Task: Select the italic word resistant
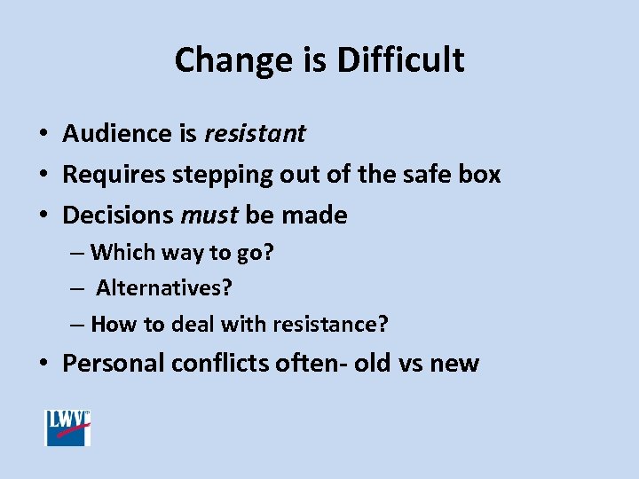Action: (255, 134)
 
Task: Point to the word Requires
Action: (114, 175)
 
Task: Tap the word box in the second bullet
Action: (481, 175)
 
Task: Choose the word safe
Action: (424, 175)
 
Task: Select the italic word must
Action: (209, 216)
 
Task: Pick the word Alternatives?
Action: (164, 288)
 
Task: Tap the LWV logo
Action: (68, 428)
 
